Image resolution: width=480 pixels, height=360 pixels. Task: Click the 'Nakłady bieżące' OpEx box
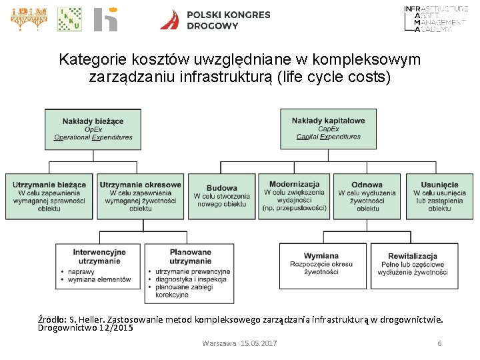93,129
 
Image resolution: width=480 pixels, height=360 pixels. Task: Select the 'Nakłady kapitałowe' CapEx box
328,129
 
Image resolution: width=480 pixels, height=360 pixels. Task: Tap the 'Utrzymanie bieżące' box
49,196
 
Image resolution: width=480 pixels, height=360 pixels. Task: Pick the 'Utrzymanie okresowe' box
140,196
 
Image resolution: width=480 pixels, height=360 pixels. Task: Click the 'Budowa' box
221,196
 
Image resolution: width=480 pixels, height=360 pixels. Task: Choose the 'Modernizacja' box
294,196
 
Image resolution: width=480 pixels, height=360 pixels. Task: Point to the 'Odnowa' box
367,196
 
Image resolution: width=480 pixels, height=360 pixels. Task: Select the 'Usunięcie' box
439,196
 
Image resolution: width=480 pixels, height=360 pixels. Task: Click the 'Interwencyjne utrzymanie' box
99,265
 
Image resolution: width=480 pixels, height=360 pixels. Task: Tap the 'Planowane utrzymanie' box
190,265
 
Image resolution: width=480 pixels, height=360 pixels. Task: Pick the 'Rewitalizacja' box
413,265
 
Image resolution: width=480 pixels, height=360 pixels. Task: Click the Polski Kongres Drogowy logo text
229,20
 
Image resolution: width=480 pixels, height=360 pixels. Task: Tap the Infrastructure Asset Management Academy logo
436,19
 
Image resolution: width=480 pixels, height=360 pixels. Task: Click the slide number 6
439,343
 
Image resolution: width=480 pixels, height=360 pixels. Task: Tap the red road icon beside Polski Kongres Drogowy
170,20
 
